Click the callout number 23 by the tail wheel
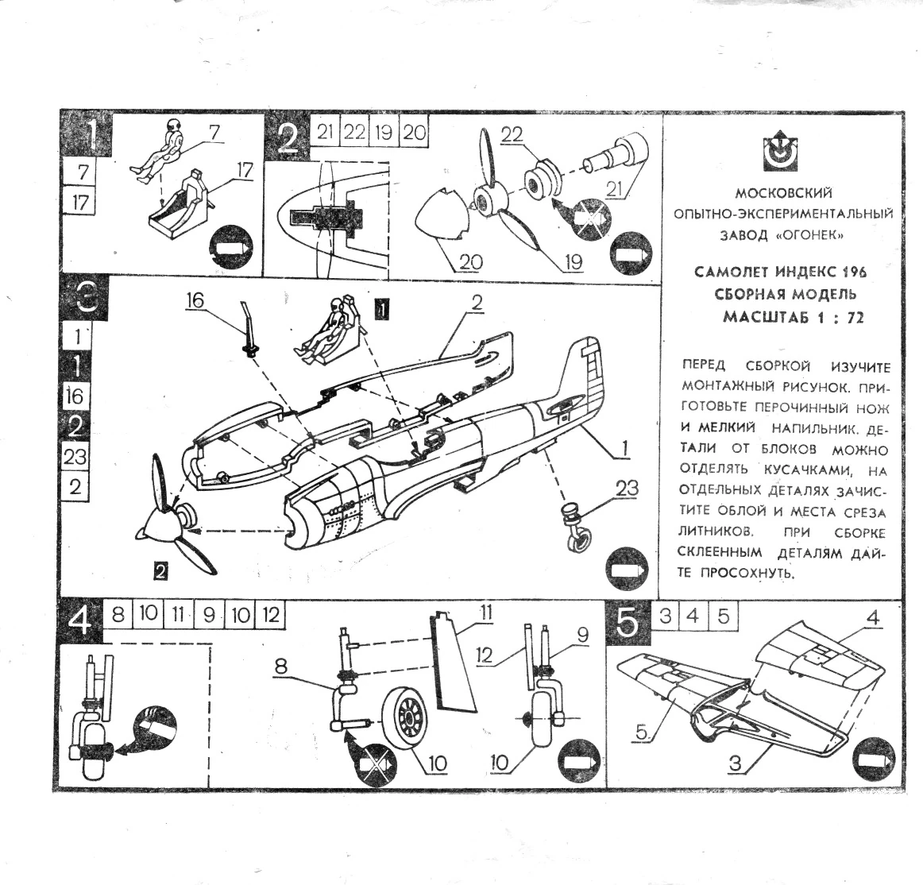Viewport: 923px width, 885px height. (626, 489)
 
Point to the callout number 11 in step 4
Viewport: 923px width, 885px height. (485, 613)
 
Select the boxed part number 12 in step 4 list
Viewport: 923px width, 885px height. (270, 614)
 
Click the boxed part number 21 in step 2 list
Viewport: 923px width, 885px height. (324, 133)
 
